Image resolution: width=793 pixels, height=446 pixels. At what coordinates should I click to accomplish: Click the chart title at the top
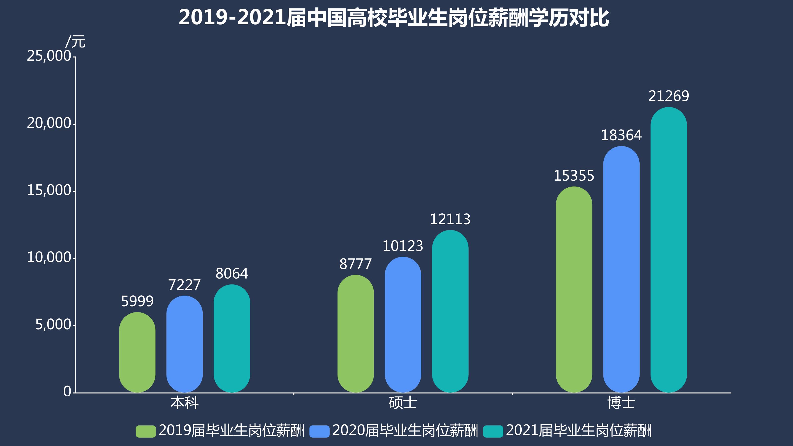click(394, 18)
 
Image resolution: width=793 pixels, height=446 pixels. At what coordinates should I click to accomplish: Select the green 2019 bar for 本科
click(137, 352)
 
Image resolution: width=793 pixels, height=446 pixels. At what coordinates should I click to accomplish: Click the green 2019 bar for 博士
click(574, 289)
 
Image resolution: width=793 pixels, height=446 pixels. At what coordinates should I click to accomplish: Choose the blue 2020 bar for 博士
click(621, 269)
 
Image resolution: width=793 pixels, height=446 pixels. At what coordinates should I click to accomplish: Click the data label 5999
click(137, 301)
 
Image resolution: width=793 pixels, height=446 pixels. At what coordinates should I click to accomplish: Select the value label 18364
click(621, 135)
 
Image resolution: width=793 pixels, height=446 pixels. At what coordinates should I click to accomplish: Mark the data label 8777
click(356, 264)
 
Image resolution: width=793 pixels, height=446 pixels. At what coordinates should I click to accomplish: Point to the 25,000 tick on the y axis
click(49, 56)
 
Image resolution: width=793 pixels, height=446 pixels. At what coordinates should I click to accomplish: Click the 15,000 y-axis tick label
click(49, 190)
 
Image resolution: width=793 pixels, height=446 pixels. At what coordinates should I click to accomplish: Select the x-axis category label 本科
click(184, 403)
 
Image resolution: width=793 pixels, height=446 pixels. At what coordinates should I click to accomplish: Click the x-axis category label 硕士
click(403, 403)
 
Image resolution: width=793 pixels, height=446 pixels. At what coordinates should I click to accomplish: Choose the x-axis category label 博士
click(621, 403)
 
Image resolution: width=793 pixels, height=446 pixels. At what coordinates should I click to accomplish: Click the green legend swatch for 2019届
click(146, 431)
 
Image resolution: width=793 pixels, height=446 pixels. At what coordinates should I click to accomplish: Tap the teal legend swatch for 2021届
click(493, 431)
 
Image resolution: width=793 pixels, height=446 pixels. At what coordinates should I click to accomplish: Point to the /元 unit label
click(75, 42)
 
